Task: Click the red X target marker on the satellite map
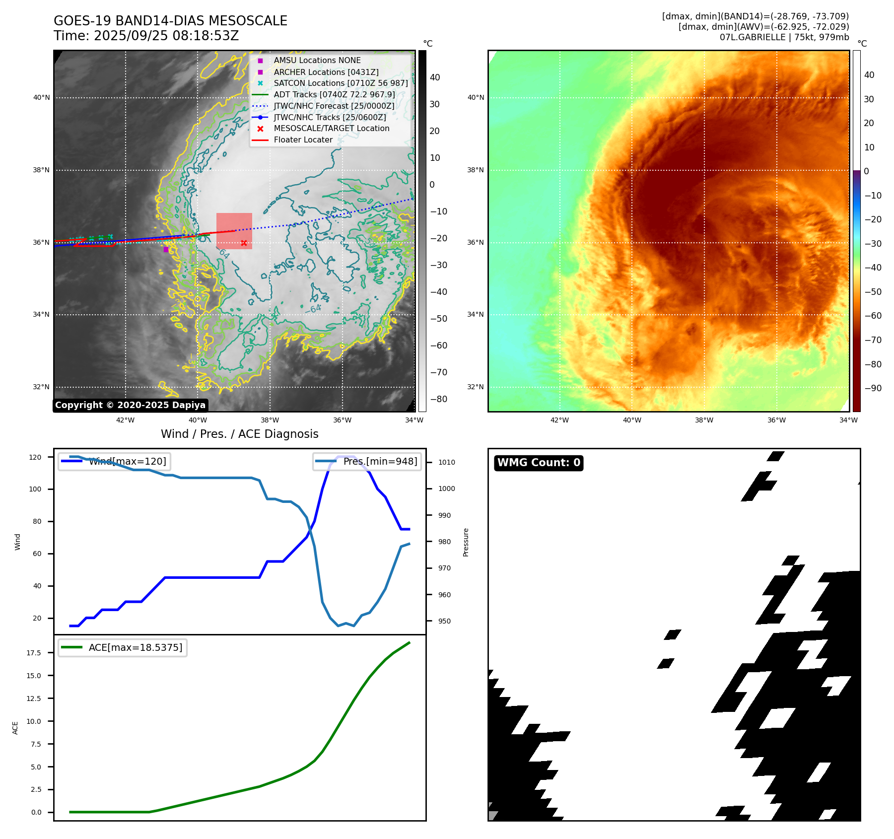coord(244,243)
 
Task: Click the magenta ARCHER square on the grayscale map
coord(166,249)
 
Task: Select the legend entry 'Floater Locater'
coord(303,140)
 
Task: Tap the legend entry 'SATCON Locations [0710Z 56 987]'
coord(341,83)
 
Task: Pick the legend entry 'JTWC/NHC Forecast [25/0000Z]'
coord(334,106)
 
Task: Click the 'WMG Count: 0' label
coord(539,463)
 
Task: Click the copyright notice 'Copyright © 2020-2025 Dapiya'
coord(130,405)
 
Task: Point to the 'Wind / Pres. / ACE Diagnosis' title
coord(239,434)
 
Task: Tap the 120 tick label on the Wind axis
coord(35,457)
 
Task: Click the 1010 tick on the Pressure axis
coord(446,462)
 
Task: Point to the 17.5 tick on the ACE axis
coord(34,653)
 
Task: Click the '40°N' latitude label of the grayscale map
coord(41,98)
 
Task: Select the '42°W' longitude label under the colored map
coord(559,420)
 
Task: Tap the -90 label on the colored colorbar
coord(873,388)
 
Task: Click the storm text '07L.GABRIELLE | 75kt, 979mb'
coord(784,37)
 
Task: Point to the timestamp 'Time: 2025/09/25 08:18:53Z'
coord(146,36)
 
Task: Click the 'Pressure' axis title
coord(466,542)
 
